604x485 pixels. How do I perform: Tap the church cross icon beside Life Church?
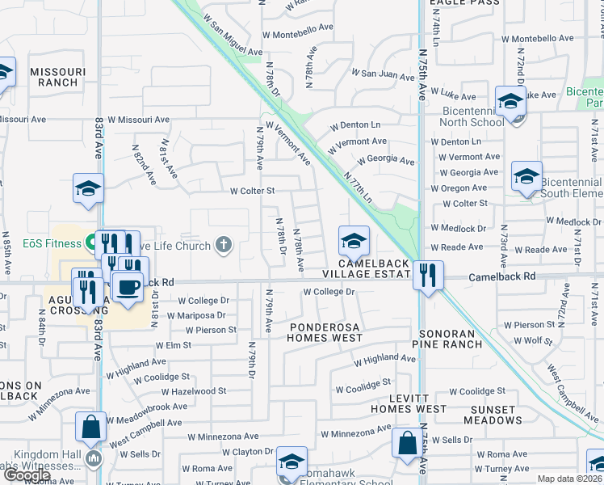(224, 244)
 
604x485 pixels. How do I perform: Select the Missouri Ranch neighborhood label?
(53, 77)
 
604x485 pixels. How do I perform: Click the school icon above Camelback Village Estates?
(353, 240)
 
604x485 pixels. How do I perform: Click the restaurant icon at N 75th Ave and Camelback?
(427, 275)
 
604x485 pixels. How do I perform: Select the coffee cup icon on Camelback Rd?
(127, 286)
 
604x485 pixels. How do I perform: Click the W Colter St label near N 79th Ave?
(252, 192)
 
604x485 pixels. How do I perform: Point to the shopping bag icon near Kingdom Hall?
(91, 425)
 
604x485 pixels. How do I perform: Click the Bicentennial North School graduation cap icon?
(510, 101)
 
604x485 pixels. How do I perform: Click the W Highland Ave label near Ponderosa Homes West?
(384, 358)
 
